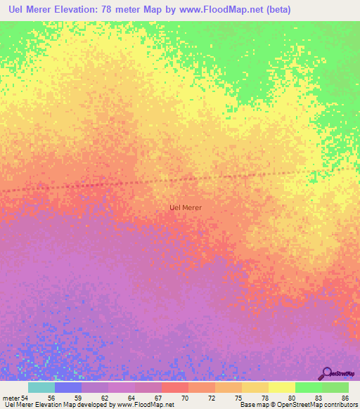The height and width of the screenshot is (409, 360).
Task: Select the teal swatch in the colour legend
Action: (41, 387)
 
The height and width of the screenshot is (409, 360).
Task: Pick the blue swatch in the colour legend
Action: (68, 387)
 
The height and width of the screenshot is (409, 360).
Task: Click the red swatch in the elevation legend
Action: (175, 387)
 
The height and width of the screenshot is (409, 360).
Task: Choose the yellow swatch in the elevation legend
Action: (281, 387)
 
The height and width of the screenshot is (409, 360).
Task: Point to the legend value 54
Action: (27, 397)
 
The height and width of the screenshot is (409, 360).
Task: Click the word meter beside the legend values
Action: (11, 397)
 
